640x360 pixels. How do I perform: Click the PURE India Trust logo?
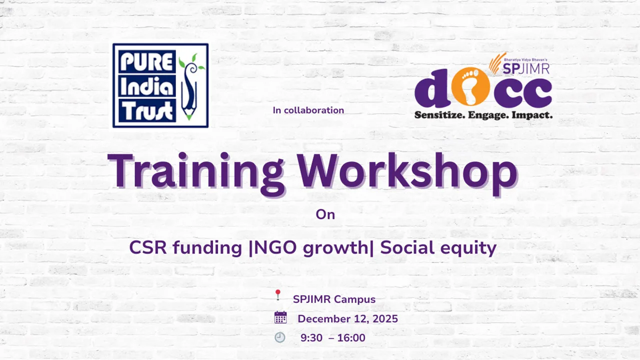pos(160,85)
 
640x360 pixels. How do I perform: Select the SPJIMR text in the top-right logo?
pos(530,68)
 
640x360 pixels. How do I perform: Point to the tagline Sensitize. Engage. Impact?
pos(483,115)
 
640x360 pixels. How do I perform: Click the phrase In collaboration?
pos(308,110)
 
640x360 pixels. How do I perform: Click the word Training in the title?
pos(195,171)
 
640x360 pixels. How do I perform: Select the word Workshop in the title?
pos(407,171)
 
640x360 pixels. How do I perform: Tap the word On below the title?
pos(325,214)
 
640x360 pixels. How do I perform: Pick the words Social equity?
pos(438,248)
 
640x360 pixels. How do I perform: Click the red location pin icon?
pos(278,295)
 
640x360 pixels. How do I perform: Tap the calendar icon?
pos(280,317)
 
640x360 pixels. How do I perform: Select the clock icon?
pos(280,337)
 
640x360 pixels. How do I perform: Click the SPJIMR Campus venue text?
pos(334,299)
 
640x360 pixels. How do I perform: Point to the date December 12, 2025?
pos(347,319)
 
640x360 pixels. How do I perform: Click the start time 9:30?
pos(311,338)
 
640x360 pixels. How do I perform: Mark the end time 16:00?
pos(351,338)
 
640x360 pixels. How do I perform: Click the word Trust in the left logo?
pos(144,111)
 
